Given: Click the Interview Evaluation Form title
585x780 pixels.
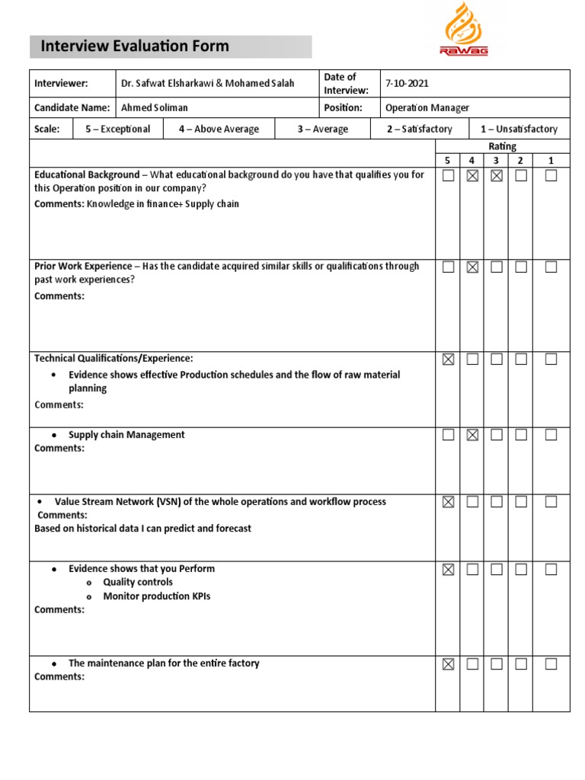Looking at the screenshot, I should pyautogui.click(x=135, y=46).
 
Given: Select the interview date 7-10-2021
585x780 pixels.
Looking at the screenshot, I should pyautogui.click(x=408, y=83).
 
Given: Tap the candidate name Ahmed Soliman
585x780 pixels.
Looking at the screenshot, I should pyautogui.click(x=154, y=108).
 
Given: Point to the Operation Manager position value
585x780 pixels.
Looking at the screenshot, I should pyautogui.click(x=427, y=108).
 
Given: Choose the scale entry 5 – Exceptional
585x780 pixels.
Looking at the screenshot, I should pyautogui.click(x=117, y=129).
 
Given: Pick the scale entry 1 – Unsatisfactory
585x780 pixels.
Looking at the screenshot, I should pyautogui.click(x=519, y=129).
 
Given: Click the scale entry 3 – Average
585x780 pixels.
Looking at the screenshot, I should pyautogui.click(x=322, y=129).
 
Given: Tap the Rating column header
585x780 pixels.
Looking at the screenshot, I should pyautogui.click(x=502, y=146).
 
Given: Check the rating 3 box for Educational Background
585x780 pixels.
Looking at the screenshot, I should pyautogui.click(x=497, y=176).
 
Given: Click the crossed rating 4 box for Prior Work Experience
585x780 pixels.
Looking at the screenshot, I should pyautogui.click(x=472, y=267).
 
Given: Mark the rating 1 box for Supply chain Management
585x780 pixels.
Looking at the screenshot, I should pyautogui.click(x=551, y=435).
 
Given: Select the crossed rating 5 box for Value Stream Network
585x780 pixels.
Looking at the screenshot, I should pyautogui.click(x=448, y=502).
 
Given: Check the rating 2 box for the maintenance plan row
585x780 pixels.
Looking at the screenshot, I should pyautogui.click(x=521, y=664).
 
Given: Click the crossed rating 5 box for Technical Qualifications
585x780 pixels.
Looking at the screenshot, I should pyautogui.click(x=448, y=360).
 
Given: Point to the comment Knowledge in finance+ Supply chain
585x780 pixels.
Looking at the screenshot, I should pyautogui.click(x=162, y=203).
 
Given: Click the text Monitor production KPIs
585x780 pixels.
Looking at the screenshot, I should pyautogui.click(x=157, y=596).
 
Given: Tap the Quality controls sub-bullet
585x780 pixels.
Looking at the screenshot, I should pyautogui.click(x=138, y=583).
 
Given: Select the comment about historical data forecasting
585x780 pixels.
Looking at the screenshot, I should pyautogui.click(x=142, y=529).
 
